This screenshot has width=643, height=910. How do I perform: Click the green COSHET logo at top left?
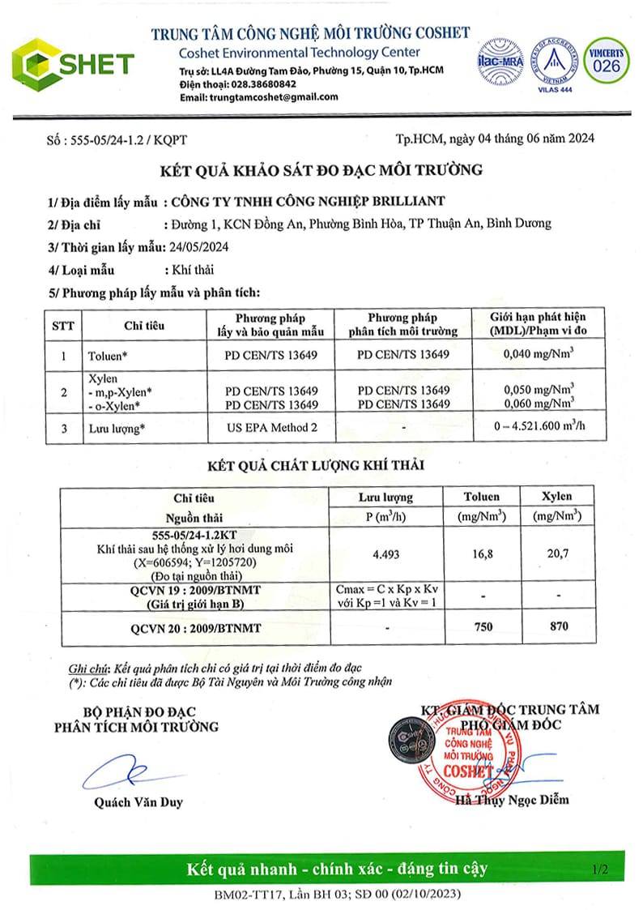[x=73, y=62]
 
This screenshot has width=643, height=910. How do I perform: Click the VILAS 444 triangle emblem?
[x=555, y=58]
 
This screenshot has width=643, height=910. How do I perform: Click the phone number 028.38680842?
[x=259, y=84]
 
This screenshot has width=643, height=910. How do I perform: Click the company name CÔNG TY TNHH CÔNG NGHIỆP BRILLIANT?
[x=304, y=202]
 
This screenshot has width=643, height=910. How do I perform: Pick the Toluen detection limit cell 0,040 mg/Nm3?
[x=538, y=354]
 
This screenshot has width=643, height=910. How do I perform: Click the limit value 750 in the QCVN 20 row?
[x=481, y=626]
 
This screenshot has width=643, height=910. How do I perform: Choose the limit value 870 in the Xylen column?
[x=558, y=626]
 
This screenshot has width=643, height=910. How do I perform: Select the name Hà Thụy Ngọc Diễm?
[x=512, y=800]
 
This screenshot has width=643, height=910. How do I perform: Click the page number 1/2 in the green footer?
[x=600, y=870]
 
